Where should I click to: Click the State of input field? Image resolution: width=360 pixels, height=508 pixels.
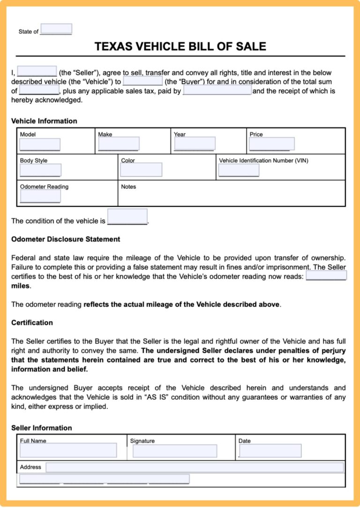pos(56,29)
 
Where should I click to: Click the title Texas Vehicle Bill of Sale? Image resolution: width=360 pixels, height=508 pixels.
pos(180,46)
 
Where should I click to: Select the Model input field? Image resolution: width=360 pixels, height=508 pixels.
pos(40,144)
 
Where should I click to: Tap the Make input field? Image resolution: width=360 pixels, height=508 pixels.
pos(119,144)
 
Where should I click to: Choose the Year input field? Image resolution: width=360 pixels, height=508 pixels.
pos(195,144)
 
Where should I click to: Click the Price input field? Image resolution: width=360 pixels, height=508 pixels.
pos(272,144)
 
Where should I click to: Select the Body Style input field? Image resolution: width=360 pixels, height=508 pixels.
pos(40,170)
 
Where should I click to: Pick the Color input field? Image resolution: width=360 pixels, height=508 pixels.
pos(141,169)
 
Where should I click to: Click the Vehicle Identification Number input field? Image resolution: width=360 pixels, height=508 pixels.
pos(239,170)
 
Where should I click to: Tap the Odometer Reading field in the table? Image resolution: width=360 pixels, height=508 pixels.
pos(40,196)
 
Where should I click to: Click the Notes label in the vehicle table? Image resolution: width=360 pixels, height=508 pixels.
pos(128,187)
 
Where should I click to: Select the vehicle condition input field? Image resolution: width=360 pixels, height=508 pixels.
pos(127,217)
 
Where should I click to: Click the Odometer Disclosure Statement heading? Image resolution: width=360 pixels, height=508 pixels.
pos(66,239)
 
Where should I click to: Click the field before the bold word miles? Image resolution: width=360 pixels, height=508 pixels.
pos(326,276)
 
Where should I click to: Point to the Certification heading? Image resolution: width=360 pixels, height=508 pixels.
pos(32,323)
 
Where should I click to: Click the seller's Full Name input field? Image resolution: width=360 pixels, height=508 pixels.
pos(68,450)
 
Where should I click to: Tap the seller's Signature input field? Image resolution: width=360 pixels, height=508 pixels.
pos(175,451)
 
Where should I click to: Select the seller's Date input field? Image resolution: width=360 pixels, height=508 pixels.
pos(270,451)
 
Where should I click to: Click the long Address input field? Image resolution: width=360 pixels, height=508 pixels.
pos(195,467)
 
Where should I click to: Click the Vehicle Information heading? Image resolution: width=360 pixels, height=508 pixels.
pos(44,121)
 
